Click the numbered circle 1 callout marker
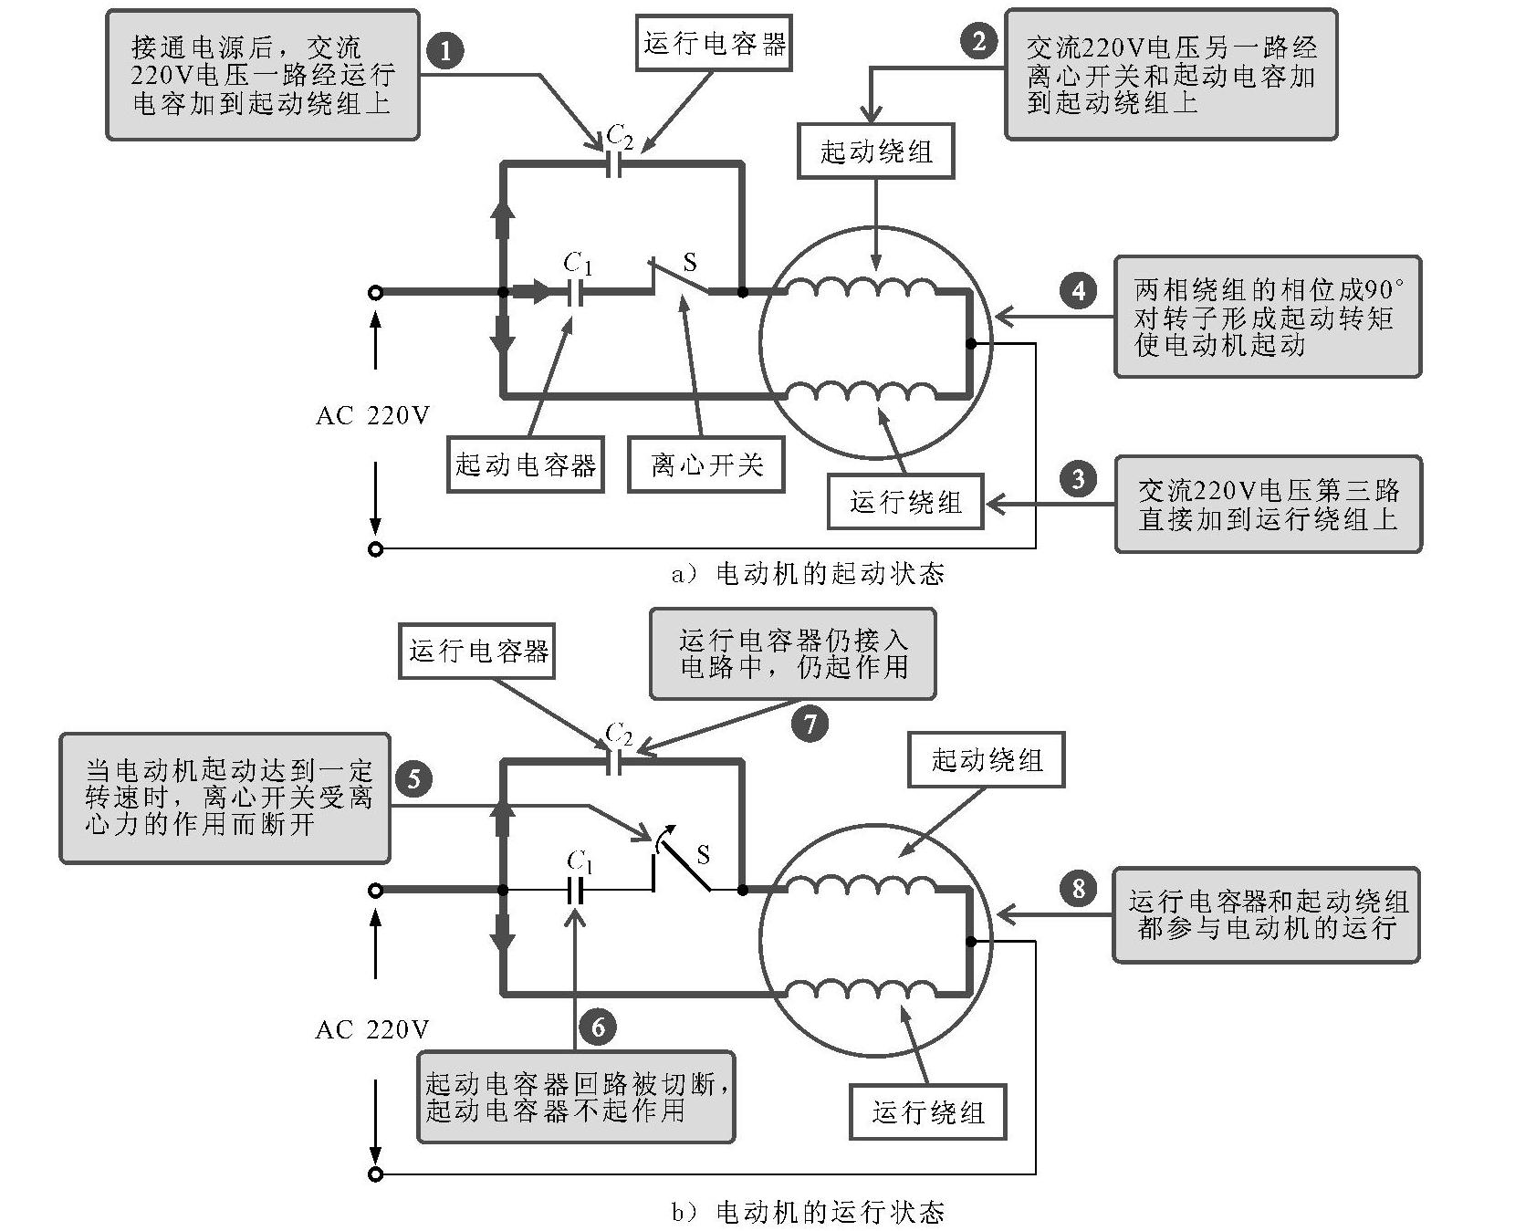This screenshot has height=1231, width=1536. pos(445,50)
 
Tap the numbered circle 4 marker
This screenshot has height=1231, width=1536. pos(1079,290)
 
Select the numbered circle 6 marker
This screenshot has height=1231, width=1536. pos(598,1028)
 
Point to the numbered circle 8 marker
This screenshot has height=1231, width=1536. pos(1079,887)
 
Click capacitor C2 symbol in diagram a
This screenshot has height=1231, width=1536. pos(615,164)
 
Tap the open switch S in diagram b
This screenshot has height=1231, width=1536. pos(683,864)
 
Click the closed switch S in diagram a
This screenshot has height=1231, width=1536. pos(681,278)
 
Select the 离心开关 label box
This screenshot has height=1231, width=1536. pos(706,465)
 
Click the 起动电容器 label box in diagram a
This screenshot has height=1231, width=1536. pos(525,465)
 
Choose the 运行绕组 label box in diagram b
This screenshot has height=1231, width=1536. pos(927,1111)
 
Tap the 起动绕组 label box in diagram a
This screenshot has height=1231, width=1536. pos(875,151)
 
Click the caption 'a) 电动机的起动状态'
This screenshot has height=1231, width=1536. pos(808,574)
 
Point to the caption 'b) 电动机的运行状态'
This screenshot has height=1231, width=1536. pos(808,1212)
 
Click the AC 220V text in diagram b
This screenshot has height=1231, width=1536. pos(372,1029)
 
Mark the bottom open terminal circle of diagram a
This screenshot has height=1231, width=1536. pos(375,549)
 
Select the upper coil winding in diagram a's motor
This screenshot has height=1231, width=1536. pos(862,287)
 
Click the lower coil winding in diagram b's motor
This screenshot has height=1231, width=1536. pos(862,992)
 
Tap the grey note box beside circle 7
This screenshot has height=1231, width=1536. pos(792,653)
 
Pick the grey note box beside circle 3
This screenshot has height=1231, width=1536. pos(1268,504)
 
